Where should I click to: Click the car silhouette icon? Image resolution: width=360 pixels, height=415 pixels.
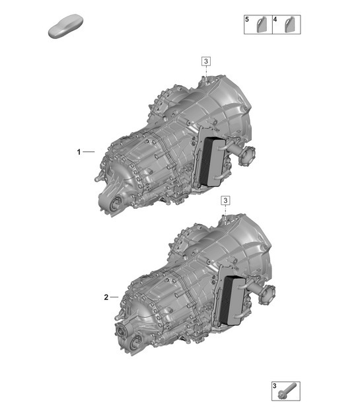click(64, 28)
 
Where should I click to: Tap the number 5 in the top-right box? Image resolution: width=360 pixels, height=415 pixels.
click(247, 21)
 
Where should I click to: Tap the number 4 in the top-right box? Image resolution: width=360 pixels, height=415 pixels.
click(275, 21)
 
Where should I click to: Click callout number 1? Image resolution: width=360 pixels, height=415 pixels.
click(79, 152)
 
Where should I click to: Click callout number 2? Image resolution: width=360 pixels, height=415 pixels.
click(106, 297)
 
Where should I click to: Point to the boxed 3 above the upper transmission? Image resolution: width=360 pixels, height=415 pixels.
click(206, 61)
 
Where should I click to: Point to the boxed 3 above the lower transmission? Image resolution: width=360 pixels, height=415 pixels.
click(225, 200)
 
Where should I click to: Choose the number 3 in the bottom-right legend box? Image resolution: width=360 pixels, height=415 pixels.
click(274, 385)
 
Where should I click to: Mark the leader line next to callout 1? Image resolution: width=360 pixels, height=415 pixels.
click(89, 152)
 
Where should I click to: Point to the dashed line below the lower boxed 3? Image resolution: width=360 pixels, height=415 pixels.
click(225, 211)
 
